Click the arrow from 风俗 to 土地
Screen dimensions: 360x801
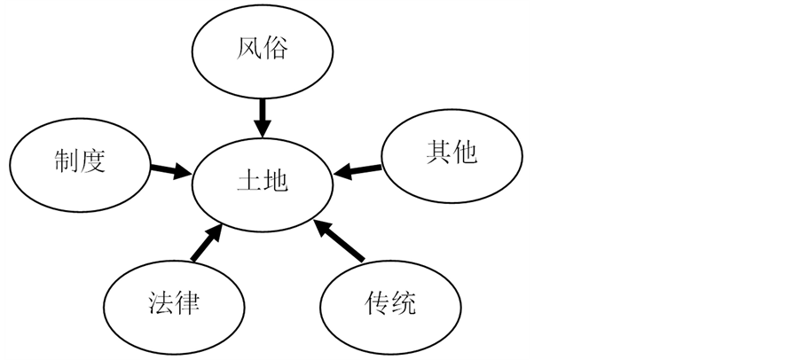coord(263,113)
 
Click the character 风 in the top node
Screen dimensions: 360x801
coord(249,48)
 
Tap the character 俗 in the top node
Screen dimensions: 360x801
coord(276,48)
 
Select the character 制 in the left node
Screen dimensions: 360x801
coord(65,161)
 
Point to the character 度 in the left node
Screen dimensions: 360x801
coord(92,161)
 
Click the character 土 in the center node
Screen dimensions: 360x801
coord(249,181)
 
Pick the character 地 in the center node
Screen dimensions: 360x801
coord(277,181)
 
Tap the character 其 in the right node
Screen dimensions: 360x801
coord(436,153)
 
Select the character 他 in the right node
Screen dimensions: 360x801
coord(463,153)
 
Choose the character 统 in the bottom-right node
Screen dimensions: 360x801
coord(403,304)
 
